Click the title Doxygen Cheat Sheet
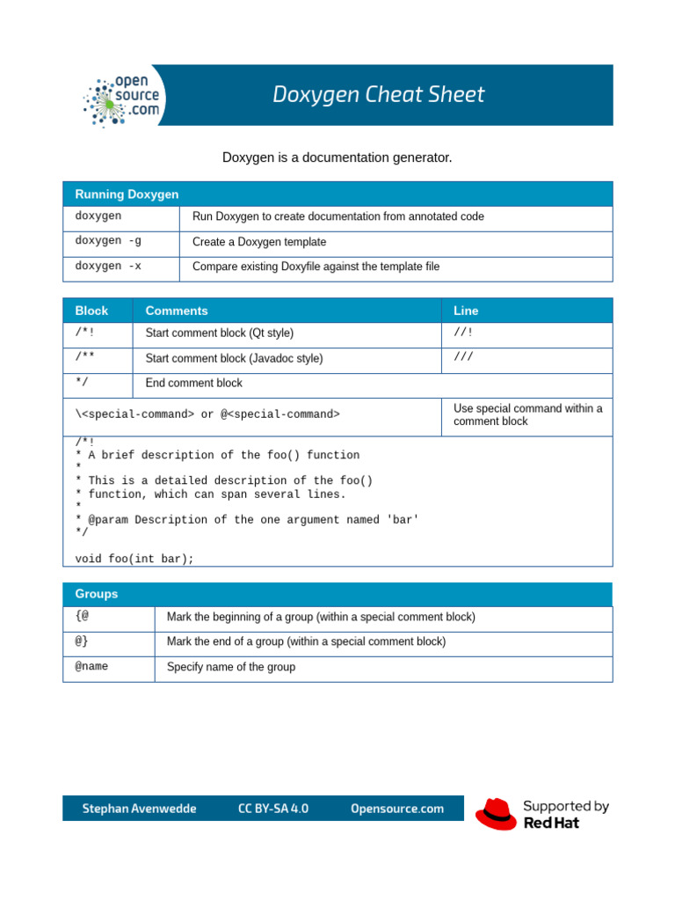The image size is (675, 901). click(378, 95)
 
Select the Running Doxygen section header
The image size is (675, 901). click(127, 194)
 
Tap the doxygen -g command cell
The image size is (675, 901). click(108, 241)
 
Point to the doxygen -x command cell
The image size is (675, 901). click(108, 266)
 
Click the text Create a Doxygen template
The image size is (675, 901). click(259, 242)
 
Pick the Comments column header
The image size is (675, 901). click(177, 311)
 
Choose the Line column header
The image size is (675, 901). click(466, 311)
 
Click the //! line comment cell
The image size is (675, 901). click(463, 333)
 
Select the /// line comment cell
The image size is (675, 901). click(463, 357)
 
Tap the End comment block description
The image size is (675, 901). click(194, 384)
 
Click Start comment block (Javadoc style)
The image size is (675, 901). click(234, 359)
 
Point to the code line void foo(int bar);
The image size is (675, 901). click(134, 559)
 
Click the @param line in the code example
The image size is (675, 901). click(247, 520)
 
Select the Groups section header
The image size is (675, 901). click(97, 594)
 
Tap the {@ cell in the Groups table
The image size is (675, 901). click(83, 616)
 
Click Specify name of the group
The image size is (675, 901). click(231, 667)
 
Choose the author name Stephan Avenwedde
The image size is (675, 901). click(139, 809)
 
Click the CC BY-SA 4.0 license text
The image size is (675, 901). click(273, 809)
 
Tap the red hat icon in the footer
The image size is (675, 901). click(496, 814)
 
